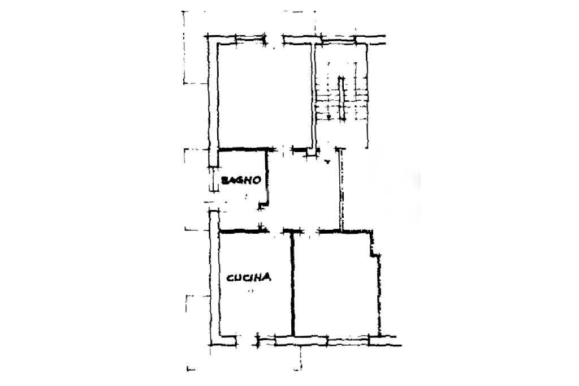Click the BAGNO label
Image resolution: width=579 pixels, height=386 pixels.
pyautogui.click(x=241, y=181)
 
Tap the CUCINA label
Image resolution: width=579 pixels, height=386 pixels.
pyautogui.click(x=249, y=277)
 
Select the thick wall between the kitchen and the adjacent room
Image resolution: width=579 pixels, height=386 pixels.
pyautogui.click(x=292, y=283)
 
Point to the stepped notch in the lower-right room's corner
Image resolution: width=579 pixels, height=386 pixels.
pyautogui.click(x=374, y=249)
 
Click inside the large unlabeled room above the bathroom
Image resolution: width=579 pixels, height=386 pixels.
pyautogui.click(x=265, y=96)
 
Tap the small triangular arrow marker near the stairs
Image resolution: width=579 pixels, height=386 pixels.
pyautogui.click(x=327, y=162)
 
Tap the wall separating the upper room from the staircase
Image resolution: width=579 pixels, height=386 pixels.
pyautogui.click(x=312, y=96)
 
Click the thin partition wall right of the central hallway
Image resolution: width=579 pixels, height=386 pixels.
pyautogui.click(x=340, y=190)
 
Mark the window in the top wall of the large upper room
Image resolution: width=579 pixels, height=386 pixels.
pyautogui.click(x=274, y=40)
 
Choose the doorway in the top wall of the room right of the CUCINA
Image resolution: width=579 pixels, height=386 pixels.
pyautogui.click(x=310, y=231)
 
